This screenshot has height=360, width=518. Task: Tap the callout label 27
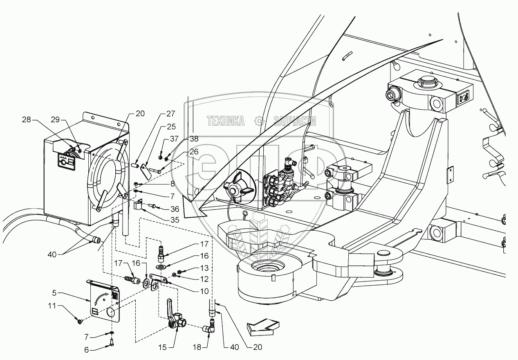pyautogui.click(x=170, y=114)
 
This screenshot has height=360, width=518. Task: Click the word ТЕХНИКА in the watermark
pyautogui.click(x=226, y=121)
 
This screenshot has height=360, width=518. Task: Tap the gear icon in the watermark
pyautogui.click(x=258, y=121)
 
